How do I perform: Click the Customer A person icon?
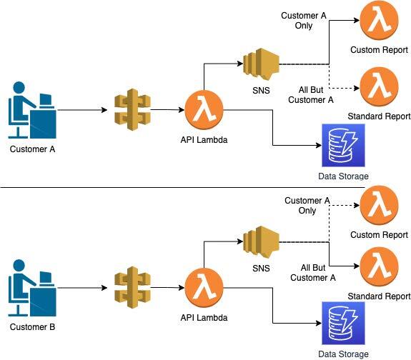(32, 110)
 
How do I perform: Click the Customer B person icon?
(32, 288)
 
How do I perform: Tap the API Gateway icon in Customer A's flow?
(133, 109)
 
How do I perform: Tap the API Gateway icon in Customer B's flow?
(133, 287)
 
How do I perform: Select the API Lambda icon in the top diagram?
(204, 110)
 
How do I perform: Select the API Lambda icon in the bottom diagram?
(204, 287)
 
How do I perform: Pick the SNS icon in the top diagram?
(261, 64)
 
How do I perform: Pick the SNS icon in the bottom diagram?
(261, 241)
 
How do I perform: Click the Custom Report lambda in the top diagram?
(379, 20)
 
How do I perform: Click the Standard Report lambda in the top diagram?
(379, 86)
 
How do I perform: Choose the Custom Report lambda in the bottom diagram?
(379, 205)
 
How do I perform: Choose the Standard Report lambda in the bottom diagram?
(379, 266)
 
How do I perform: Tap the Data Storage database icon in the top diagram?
(343, 146)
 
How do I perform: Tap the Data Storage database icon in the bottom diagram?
(343, 324)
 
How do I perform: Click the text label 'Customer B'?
(32, 327)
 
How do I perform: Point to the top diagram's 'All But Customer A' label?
(311, 95)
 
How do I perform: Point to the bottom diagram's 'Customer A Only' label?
(307, 206)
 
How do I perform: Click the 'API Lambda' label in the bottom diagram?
(204, 318)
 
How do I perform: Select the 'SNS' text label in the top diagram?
(261, 91)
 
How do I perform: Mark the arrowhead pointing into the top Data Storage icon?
(319, 145)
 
